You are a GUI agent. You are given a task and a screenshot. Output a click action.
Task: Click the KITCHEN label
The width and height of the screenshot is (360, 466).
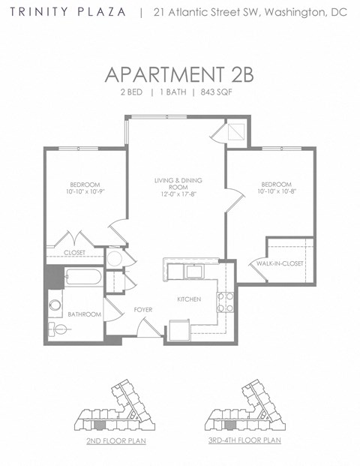tap(188, 299)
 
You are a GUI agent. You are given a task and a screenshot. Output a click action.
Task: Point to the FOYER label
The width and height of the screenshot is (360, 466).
tap(143, 309)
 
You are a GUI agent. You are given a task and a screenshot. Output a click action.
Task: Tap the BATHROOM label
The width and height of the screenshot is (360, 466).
tap(84, 314)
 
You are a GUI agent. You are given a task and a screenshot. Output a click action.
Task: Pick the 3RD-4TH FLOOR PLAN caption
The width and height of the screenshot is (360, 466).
tap(244, 440)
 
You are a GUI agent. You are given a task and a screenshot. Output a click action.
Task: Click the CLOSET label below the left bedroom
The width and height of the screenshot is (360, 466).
tap(74, 253)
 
